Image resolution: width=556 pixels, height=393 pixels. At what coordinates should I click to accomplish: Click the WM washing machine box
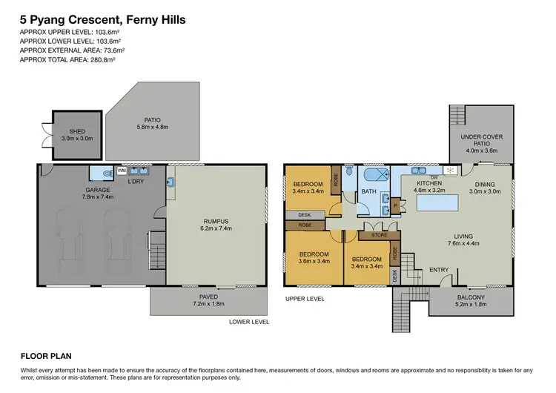tap(122, 171)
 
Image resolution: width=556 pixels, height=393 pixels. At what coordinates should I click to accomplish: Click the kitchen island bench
tap(437, 203)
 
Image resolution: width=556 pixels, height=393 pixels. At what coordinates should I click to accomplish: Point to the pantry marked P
tap(395, 205)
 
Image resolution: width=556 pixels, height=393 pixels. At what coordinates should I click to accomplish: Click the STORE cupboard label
tap(379, 235)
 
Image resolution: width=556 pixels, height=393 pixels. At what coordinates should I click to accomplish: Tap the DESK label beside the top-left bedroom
tap(305, 215)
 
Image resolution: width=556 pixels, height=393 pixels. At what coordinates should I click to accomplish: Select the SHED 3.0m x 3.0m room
tap(77, 135)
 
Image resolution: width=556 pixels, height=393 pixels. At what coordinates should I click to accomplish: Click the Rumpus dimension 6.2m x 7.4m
tap(216, 228)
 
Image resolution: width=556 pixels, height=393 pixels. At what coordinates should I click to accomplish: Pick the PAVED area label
tap(208, 297)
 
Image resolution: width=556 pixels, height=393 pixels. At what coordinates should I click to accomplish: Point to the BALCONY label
tap(471, 297)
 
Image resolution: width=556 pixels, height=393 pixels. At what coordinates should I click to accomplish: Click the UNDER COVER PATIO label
tap(482, 140)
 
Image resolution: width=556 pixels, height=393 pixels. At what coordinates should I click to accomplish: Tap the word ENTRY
tap(439, 270)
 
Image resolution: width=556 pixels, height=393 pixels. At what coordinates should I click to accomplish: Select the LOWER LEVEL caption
tap(249, 322)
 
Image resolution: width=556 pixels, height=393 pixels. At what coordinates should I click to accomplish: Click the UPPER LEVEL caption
tap(305, 299)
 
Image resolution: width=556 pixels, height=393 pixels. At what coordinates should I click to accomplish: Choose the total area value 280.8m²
tap(102, 59)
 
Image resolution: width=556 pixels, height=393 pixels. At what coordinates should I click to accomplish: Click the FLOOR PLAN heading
tap(46, 356)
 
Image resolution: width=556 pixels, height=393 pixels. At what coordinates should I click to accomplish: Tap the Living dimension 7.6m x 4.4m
tap(463, 243)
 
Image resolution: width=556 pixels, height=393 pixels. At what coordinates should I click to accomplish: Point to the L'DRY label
tap(136, 182)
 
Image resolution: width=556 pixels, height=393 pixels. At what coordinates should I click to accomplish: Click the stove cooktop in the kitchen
tap(451, 171)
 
